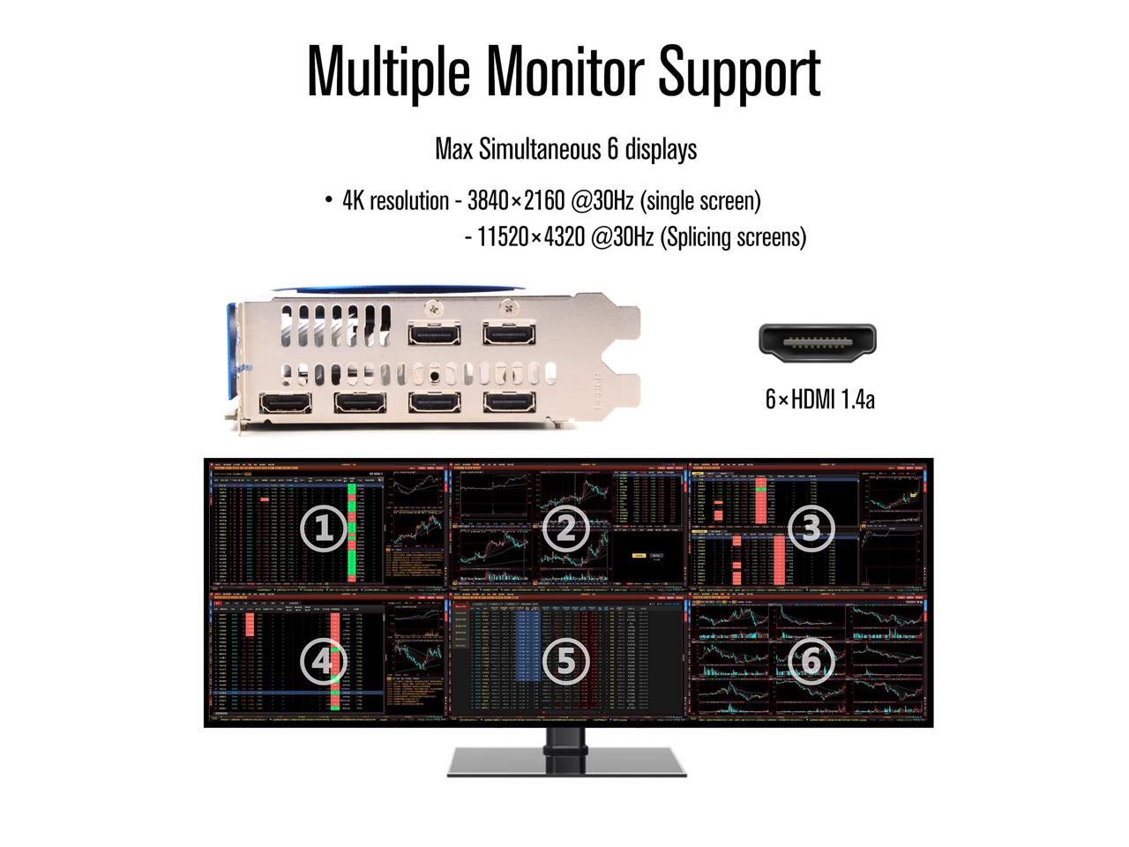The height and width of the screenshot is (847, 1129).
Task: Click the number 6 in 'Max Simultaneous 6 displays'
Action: point(611,149)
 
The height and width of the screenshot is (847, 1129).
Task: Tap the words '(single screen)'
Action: point(700,201)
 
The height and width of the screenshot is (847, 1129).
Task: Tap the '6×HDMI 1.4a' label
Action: point(819,399)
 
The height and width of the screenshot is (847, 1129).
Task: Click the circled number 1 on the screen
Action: point(323,528)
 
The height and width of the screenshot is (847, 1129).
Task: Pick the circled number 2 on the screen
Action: point(565,528)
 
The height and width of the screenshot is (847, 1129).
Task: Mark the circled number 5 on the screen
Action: point(565,661)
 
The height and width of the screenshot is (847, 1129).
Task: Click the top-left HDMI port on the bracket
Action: point(434,334)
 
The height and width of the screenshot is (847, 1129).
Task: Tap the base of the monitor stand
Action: point(567,761)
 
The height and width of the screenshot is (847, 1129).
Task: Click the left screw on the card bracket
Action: point(434,307)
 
